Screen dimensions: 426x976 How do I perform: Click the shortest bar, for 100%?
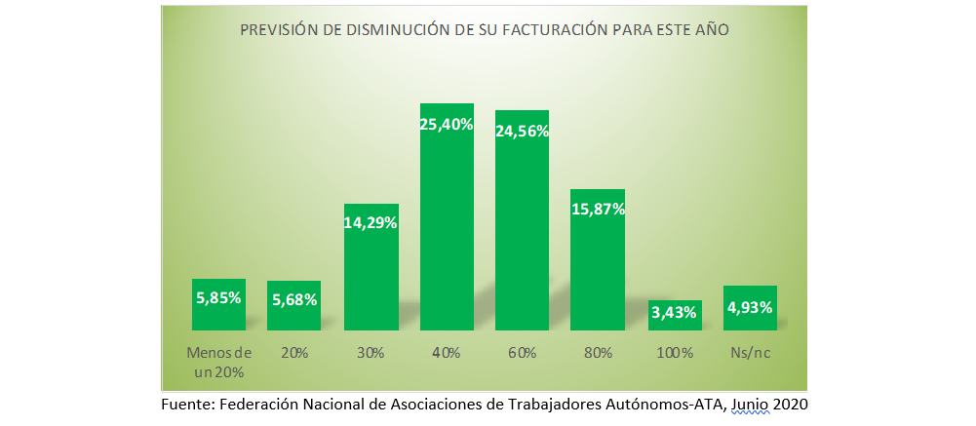pos(674,315)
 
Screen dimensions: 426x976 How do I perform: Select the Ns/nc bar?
pos(750,308)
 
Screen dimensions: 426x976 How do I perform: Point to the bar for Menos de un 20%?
pos(218,304)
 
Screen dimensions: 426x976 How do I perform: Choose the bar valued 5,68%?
pos(294,306)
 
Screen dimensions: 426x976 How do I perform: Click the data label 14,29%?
pos(371,222)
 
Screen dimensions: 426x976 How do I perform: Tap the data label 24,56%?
pos(523,132)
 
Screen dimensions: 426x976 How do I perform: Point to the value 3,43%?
pos(674,313)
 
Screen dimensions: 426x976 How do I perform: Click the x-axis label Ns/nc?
pos(750,353)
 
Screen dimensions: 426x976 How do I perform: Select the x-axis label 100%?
pos(674,353)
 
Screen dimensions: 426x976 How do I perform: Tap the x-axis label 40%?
pos(447,353)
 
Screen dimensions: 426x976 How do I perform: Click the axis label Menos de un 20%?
pos(218,362)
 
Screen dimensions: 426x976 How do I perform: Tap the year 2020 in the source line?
pos(791,404)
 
